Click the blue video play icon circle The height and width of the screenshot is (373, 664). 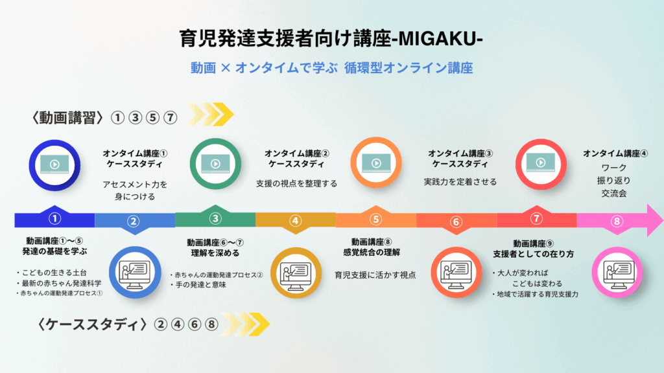point(54,164)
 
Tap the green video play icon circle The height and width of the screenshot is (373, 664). point(215,164)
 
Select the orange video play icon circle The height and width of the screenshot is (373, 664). point(375,164)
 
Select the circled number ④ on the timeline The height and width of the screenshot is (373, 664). point(296,221)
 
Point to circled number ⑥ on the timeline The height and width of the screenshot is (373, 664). point(456,221)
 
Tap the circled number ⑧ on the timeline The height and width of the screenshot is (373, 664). point(617,221)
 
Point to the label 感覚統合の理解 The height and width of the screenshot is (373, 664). point(375,251)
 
